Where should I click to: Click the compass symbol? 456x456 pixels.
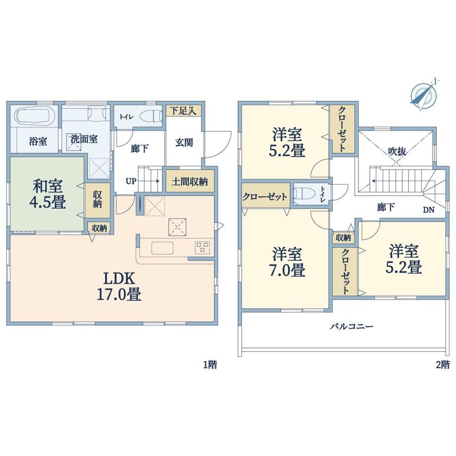click(423, 94)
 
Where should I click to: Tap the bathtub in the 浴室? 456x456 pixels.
click(36, 116)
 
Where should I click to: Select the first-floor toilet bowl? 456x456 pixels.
click(151, 116)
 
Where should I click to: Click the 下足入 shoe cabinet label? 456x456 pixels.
click(183, 111)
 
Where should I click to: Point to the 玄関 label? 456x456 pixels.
click(184, 143)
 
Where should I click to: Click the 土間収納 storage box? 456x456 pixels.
click(190, 181)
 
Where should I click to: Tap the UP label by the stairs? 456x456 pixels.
click(131, 181)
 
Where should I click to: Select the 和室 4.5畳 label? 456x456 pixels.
click(48, 194)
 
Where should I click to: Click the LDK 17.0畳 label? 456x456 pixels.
click(119, 286)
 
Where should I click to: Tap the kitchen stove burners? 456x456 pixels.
click(202, 248)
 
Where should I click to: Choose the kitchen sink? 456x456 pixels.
click(162, 248)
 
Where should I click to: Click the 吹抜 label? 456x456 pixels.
click(397, 152)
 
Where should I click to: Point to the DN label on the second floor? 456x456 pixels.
click(428, 210)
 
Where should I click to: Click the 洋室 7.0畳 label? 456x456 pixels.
click(288, 262)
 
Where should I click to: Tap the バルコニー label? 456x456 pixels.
click(351, 326)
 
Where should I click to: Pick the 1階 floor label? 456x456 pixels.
click(210, 365)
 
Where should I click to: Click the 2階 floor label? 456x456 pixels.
click(443, 365)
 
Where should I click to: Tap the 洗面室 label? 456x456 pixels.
click(84, 139)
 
